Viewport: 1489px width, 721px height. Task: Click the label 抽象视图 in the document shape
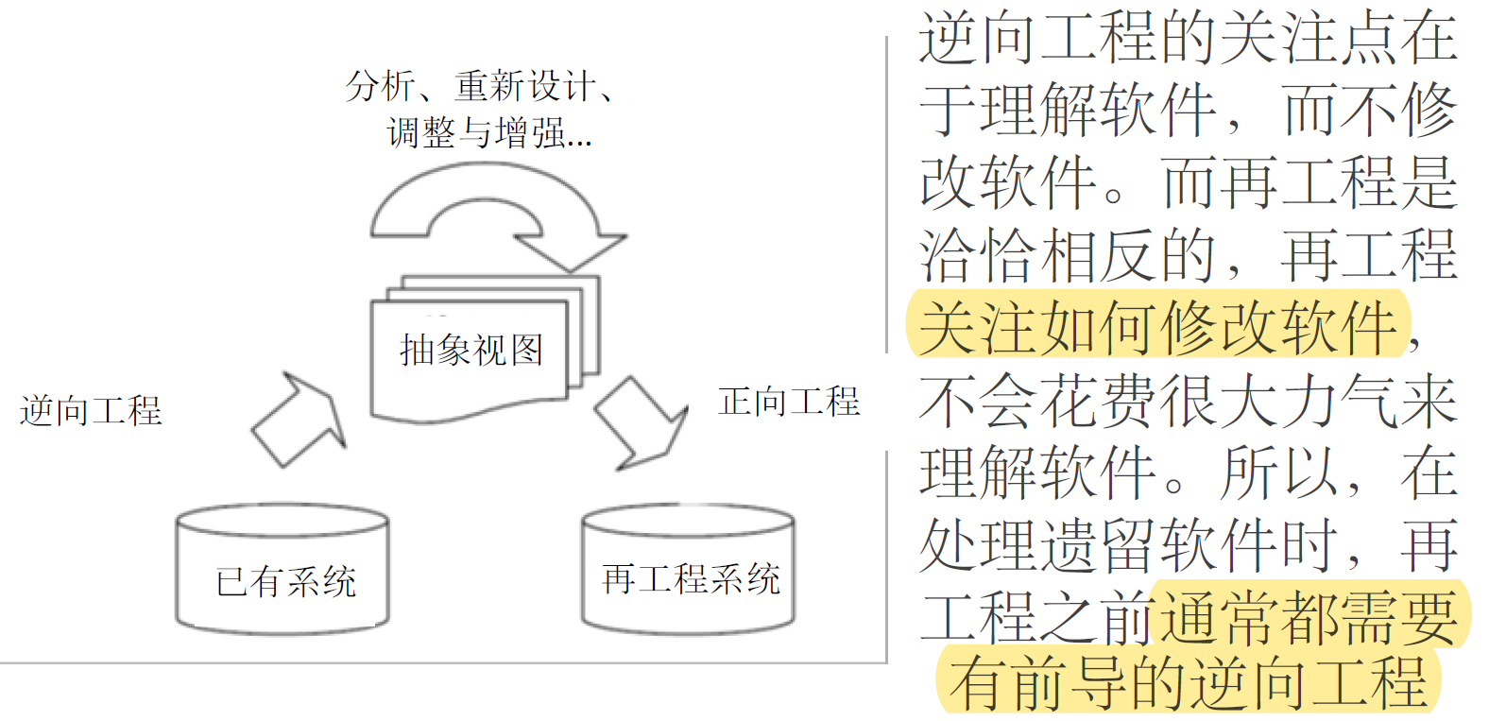(x=471, y=351)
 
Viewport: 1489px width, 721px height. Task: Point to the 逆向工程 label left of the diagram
(x=91, y=411)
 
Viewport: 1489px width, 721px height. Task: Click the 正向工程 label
(x=789, y=402)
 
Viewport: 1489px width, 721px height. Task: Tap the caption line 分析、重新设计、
(x=480, y=86)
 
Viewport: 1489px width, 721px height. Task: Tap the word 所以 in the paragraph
(x=1279, y=472)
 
